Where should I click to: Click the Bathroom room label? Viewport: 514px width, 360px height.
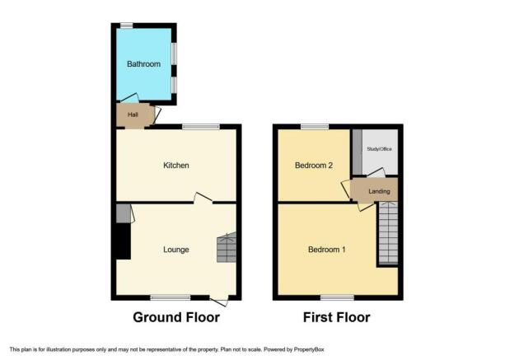(143, 64)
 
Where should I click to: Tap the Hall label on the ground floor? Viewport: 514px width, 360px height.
(133, 115)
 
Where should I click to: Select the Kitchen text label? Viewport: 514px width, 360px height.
(176, 166)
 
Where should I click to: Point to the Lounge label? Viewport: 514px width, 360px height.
(176, 250)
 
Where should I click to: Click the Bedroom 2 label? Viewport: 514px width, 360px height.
(314, 166)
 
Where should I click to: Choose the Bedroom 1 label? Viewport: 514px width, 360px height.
(327, 250)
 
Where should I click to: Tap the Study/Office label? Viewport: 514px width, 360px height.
(379, 149)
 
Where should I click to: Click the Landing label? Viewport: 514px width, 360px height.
(379, 191)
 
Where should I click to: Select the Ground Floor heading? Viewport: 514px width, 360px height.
(176, 317)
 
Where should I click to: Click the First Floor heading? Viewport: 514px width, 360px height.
(337, 317)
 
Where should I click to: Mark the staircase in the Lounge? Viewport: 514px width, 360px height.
(227, 247)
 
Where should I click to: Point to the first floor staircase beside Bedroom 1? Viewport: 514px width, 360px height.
(389, 233)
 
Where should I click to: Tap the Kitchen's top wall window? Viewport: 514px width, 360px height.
(201, 127)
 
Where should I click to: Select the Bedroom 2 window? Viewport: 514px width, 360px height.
(315, 127)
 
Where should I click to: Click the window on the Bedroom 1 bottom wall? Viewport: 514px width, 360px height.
(338, 297)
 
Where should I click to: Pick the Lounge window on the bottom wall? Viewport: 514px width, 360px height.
(171, 297)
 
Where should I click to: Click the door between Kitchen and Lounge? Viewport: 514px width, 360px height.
(203, 198)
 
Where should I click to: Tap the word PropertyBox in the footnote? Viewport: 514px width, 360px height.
(309, 349)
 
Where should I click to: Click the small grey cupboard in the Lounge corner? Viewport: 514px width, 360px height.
(124, 213)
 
